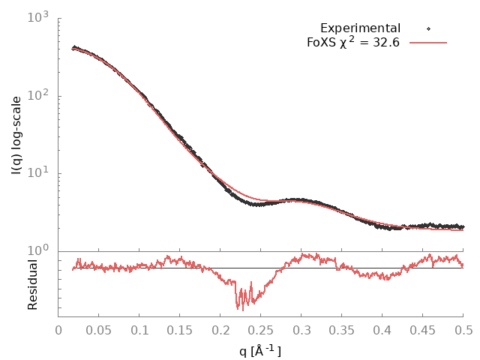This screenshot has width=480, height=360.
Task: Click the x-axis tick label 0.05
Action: click(x=99, y=329)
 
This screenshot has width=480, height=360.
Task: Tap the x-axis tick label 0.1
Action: click(x=139, y=329)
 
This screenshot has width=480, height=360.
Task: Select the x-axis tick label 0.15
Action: click(x=180, y=329)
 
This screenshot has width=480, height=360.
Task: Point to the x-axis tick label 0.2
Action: click(x=220, y=329)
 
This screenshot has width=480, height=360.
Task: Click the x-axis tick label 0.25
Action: click(x=261, y=329)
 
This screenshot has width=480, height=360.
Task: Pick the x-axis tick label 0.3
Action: click(x=301, y=329)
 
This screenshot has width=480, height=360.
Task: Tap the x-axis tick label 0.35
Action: click(x=342, y=329)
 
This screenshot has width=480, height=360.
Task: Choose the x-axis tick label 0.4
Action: click(x=382, y=329)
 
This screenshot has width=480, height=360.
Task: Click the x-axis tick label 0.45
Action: click(x=423, y=329)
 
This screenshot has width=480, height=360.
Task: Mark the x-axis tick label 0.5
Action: click(x=463, y=329)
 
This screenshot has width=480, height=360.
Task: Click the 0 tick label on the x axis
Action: click(x=58, y=329)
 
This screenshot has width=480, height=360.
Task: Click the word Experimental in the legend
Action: click(x=360, y=28)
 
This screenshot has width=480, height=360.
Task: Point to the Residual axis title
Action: click(x=33, y=284)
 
